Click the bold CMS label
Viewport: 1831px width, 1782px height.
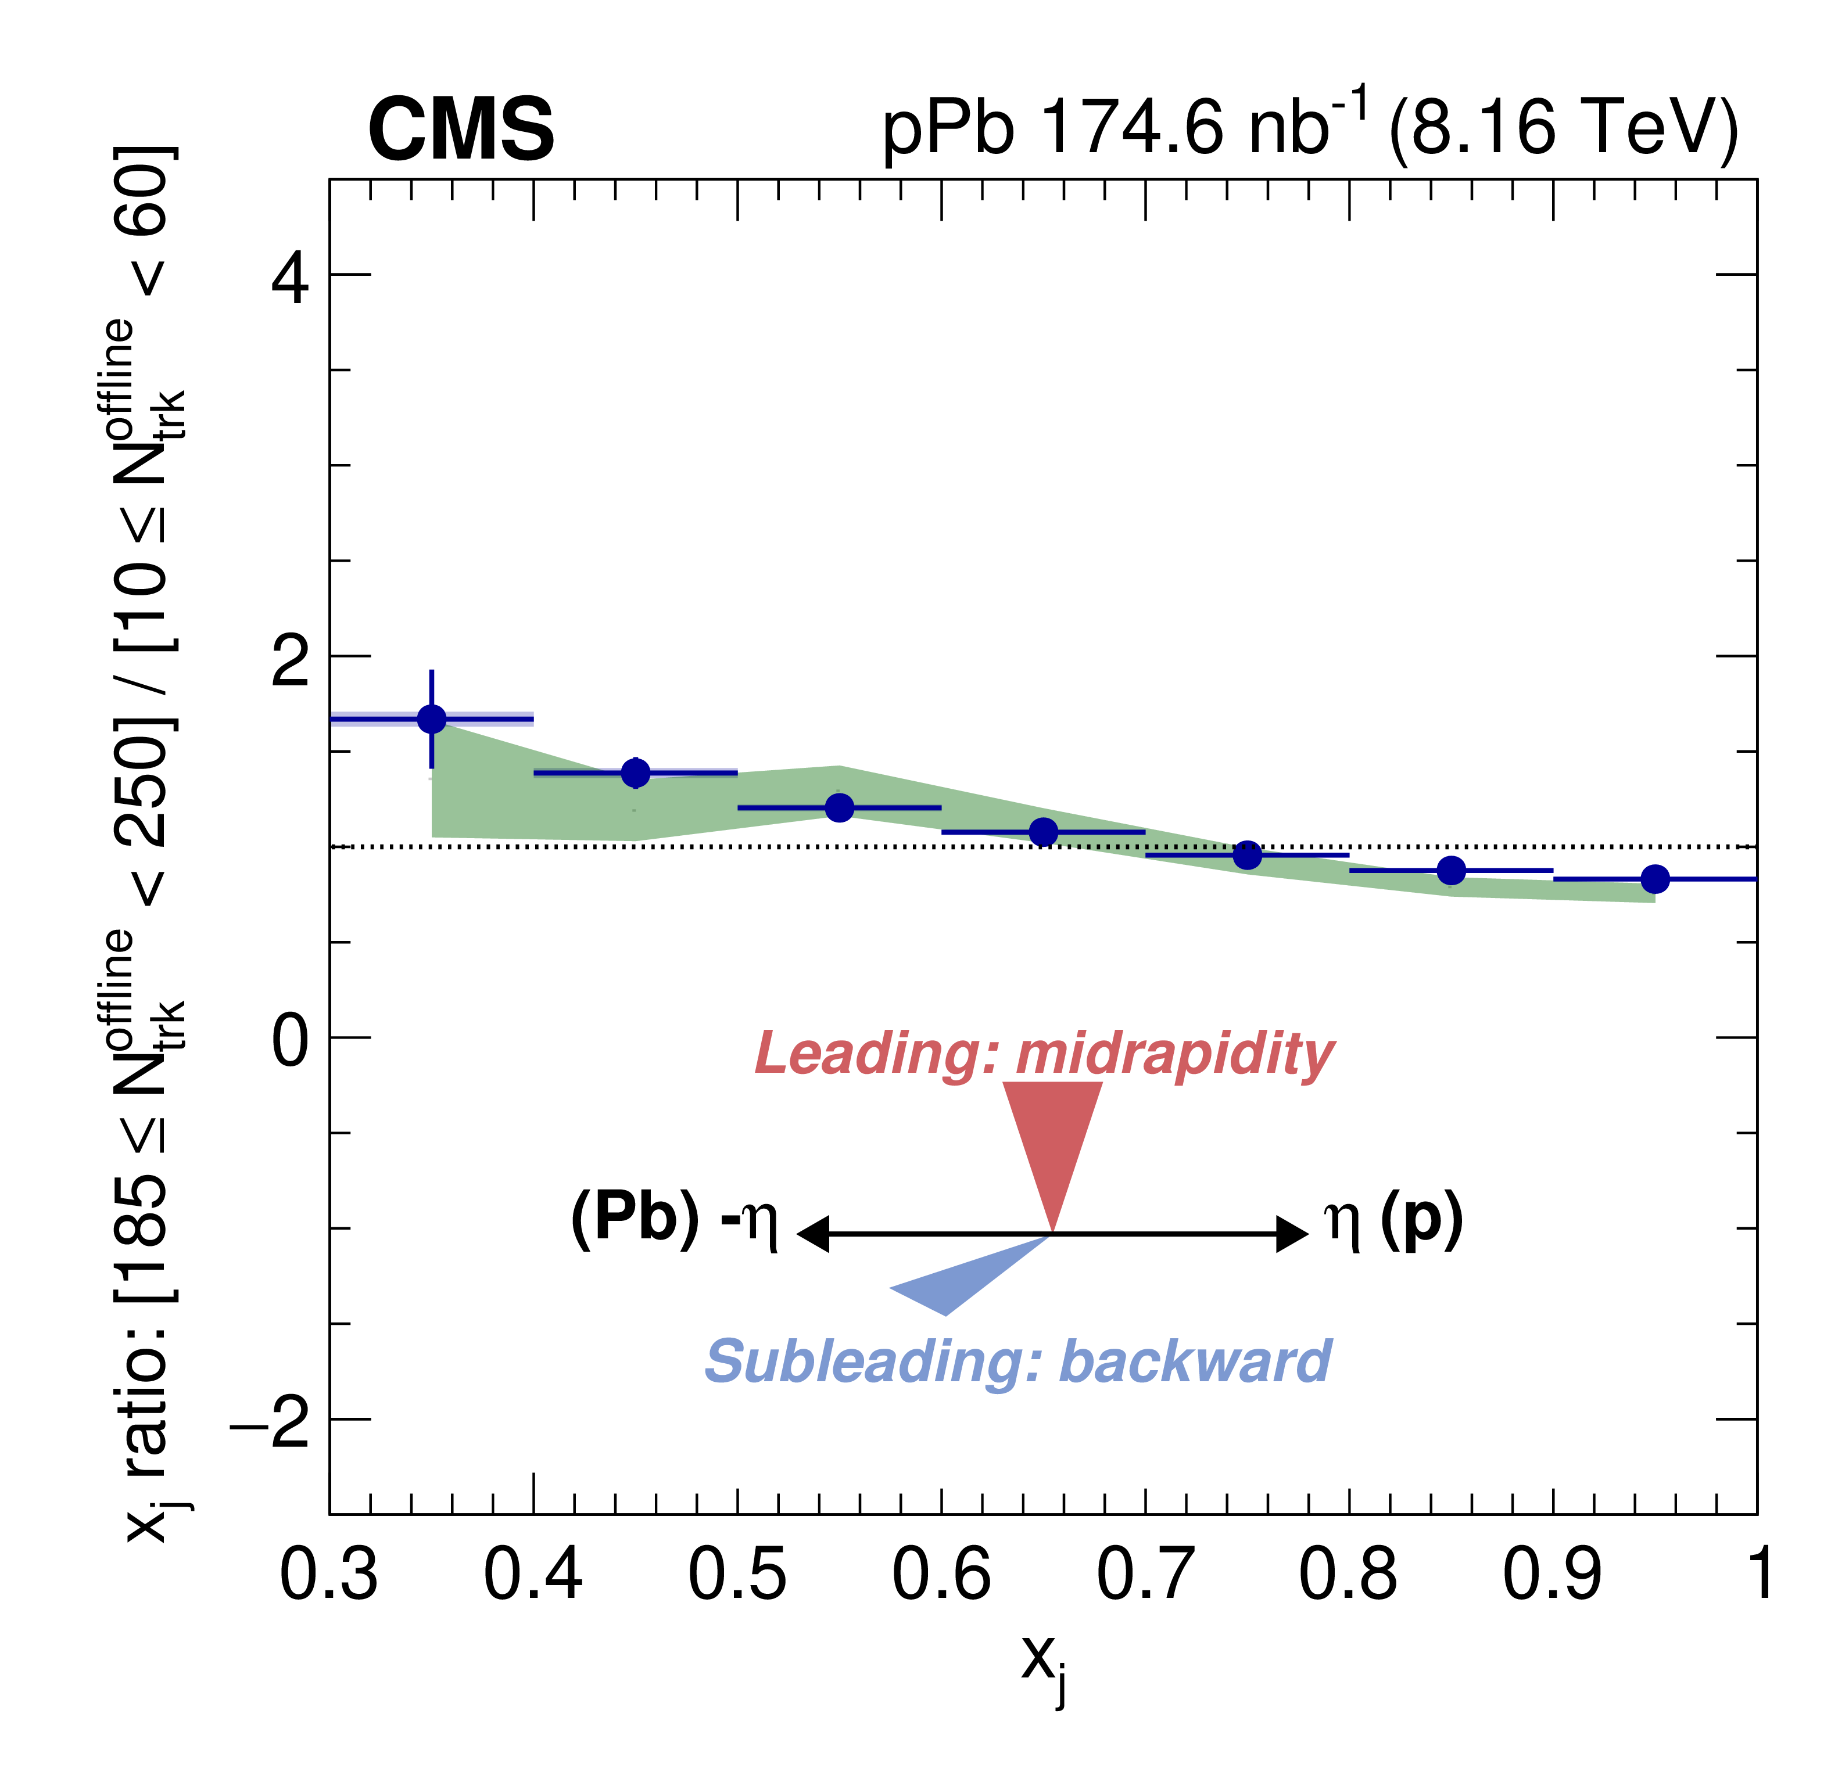pos(461,130)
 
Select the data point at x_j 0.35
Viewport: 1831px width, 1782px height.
pos(432,719)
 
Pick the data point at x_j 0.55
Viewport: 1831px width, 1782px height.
pos(840,807)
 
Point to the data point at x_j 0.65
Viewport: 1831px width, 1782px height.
pos(1044,832)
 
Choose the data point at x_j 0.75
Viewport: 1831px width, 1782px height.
pos(1247,854)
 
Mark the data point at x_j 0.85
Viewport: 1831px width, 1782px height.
pos(1451,871)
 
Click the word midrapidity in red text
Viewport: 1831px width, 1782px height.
pos(1175,1053)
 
